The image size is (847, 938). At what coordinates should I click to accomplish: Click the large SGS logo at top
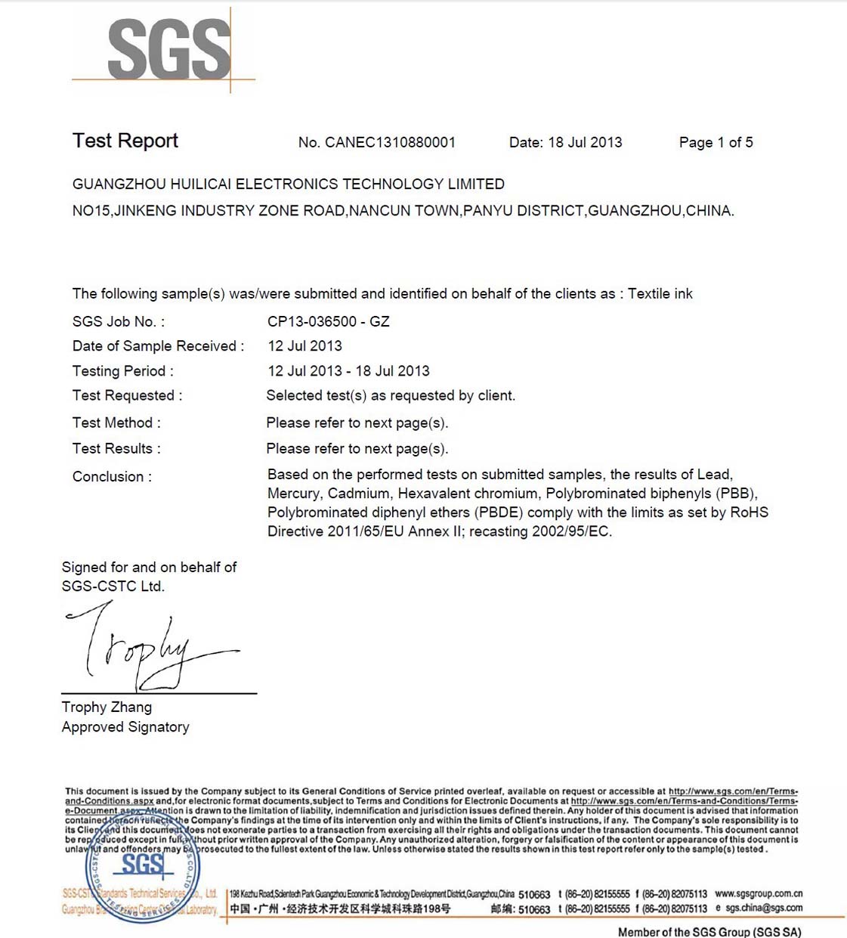(x=168, y=50)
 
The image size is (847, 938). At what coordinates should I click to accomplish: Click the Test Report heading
(x=125, y=141)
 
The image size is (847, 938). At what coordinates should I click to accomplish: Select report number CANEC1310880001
(x=390, y=142)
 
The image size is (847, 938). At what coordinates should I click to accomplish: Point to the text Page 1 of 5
(x=716, y=142)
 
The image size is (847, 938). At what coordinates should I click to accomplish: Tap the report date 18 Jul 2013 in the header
(x=585, y=142)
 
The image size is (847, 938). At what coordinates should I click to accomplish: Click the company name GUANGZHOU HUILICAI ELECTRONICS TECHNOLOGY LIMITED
(x=288, y=184)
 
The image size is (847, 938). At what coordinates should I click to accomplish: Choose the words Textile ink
(x=660, y=293)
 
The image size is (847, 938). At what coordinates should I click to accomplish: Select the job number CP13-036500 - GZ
(x=328, y=321)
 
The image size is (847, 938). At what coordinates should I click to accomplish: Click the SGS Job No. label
(x=118, y=321)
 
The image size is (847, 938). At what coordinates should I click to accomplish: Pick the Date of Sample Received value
(x=304, y=345)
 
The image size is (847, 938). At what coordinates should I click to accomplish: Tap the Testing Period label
(x=122, y=371)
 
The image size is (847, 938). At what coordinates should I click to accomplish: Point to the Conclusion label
(x=112, y=476)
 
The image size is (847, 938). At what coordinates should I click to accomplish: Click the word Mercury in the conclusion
(x=294, y=494)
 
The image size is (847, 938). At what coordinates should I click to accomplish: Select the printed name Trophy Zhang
(x=107, y=707)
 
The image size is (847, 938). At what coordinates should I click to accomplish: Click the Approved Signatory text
(x=125, y=726)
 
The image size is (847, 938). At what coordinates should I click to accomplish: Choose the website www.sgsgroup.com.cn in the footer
(x=758, y=893)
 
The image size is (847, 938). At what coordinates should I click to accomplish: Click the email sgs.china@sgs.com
(x=763, y=908)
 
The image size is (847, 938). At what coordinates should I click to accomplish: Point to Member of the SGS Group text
(x=709, y=931)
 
